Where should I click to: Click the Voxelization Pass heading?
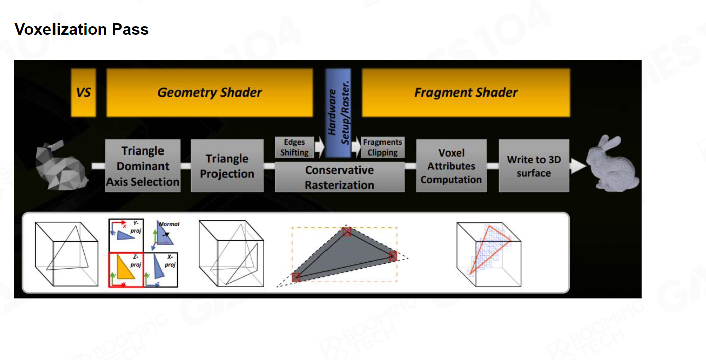(81, 29)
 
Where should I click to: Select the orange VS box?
(83, 93)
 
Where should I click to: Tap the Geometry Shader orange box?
(209, 93)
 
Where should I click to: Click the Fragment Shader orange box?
(466, 93)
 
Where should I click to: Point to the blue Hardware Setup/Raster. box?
(339, 113)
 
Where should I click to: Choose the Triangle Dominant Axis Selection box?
(143, 166)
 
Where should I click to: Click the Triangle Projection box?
(227, 166)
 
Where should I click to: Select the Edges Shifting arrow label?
(294, 147)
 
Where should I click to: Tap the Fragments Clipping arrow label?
(383, 147)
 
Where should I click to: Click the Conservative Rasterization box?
(339, 178)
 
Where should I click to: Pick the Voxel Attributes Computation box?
(451, 166)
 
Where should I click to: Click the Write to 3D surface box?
(533, 166)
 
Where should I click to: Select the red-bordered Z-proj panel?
(127, 270)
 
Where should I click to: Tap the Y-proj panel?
(126, 234)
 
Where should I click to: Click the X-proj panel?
(161, 270)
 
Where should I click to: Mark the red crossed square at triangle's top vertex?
(346, 232)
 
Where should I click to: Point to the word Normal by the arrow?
(170, 224)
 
